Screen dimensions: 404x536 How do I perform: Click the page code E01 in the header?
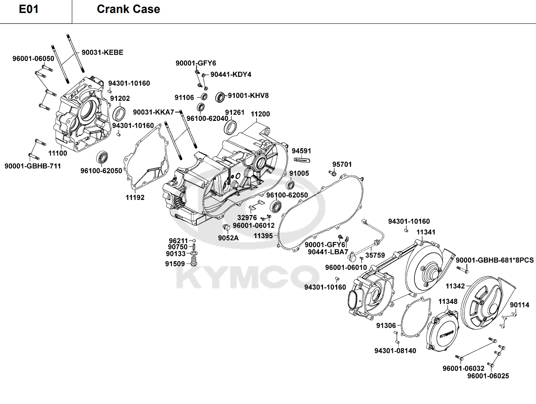29,9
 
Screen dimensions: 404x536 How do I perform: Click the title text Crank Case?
128,9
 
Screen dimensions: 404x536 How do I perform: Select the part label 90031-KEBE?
102,53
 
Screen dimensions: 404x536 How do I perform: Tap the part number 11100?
58,153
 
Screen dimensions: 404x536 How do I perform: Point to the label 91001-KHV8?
248,96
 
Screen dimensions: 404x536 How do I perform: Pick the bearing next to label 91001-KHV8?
220,97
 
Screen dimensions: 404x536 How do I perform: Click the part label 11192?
135,197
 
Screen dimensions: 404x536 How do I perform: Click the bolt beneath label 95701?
332,173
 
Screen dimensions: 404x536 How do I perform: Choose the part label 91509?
175,264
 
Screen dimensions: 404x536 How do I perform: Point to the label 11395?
263,236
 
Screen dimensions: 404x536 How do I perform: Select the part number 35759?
375,255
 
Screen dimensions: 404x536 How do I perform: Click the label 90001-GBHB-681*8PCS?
495,260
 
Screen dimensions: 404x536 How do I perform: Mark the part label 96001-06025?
488,376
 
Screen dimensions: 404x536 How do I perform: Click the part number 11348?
448,301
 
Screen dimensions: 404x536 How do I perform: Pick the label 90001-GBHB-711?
33,166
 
